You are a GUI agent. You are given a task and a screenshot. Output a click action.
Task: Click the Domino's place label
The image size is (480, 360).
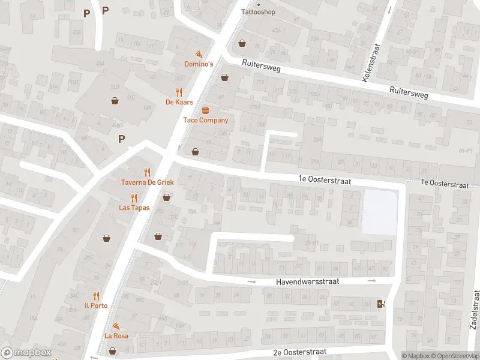click(x=198, y=64)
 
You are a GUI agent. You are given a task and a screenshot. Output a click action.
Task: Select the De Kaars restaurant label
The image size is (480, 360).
click(x=179, y=102)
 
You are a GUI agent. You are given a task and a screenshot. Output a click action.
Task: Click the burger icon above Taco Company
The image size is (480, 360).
click(x=206, y=110)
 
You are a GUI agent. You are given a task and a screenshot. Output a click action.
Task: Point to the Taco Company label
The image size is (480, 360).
click(x=206, y=120)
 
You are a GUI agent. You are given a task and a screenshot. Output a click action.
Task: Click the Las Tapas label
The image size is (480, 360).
click(x=134, y=208)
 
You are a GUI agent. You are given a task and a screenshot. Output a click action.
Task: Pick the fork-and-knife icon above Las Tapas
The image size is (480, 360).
click(x=134, y=197)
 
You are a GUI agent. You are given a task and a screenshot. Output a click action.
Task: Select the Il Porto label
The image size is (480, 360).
click(x=96, y=305)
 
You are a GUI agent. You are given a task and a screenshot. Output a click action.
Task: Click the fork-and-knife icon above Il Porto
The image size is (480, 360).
click(x=96, y=295)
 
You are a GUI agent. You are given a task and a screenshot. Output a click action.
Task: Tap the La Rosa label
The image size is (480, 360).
click(x=116, y=335)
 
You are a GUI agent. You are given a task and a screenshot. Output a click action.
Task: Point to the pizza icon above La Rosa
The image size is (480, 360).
click(x=116, y=326)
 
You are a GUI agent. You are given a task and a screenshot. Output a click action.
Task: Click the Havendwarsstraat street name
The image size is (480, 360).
click(x=308, y=281)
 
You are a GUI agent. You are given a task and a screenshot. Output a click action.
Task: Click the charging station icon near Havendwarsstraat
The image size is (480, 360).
click(x=380, y=304)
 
